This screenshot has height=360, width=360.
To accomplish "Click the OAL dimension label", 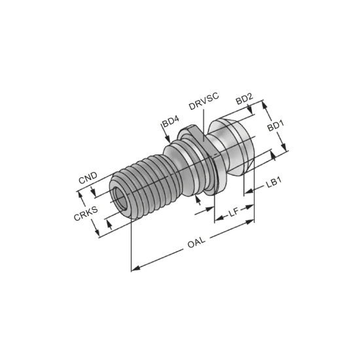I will tap(196, 243).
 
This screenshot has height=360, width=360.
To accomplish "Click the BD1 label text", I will tap(275, 124).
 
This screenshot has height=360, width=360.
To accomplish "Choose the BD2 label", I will tap(244, 98).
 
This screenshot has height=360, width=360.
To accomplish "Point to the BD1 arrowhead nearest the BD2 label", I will tap(264, 103).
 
